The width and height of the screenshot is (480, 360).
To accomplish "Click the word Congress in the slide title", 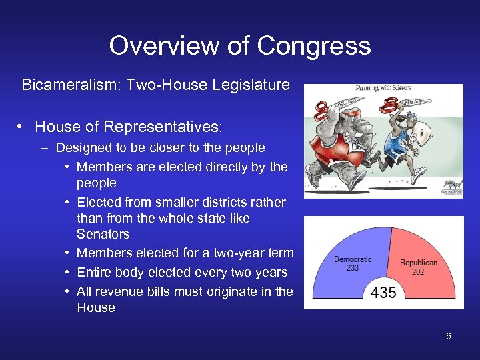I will point(313,45).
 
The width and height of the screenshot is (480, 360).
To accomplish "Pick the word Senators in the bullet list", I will point(103,234).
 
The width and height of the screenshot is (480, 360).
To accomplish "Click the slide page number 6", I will point(449,336).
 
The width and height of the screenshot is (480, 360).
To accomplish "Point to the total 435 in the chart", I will point(383,293).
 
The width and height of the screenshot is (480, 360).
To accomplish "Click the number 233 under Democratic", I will point(353,268).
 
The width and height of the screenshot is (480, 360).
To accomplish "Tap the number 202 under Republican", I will point(418,271).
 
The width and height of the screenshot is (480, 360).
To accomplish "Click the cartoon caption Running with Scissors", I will point(383,87).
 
